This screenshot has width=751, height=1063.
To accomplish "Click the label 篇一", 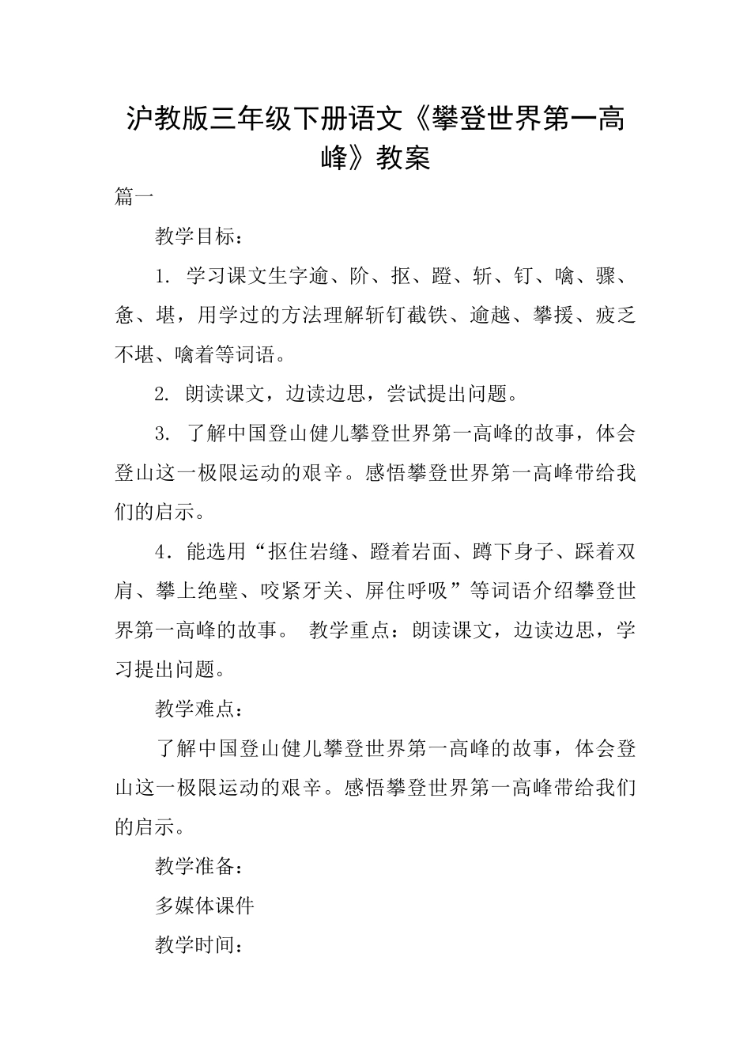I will pos(134,198).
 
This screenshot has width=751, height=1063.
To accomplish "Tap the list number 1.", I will pos(163,277).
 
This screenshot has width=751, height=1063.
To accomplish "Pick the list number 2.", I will pos(163,395).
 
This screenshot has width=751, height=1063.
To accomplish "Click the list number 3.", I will pos(163,434).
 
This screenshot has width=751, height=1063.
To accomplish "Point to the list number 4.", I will pos(163,552).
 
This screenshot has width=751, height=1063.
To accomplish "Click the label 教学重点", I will pos(349,631).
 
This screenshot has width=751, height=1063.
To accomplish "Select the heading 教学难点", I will pos(194,709).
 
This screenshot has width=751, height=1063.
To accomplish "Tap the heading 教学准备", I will pos(194,867).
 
